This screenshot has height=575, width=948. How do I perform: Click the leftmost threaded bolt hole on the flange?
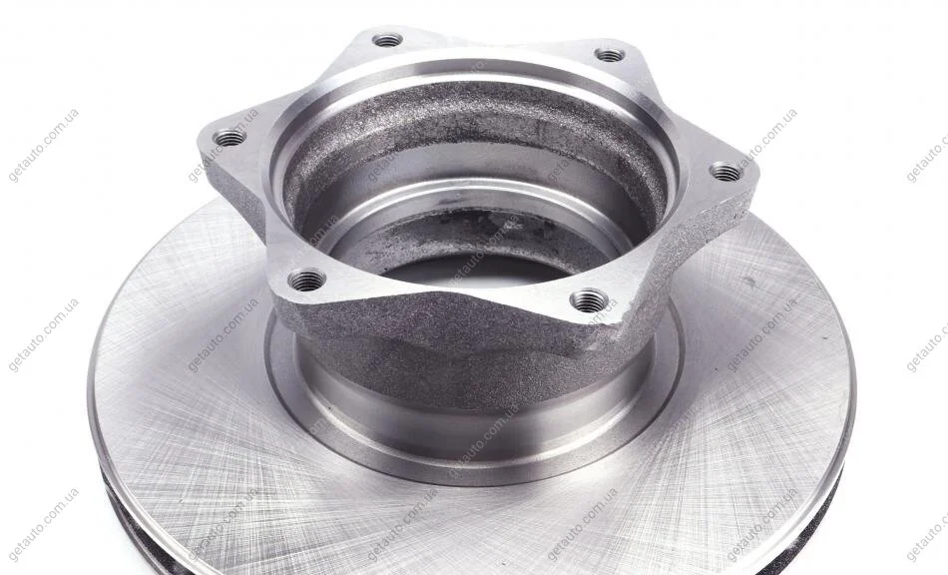click(x=231, y=138)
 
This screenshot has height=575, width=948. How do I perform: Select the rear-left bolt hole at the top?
click(x=387, y=41)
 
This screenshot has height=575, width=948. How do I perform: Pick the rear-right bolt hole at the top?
click(x=610, y=55)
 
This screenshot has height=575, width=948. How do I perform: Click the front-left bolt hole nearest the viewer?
click(x=306, y=280)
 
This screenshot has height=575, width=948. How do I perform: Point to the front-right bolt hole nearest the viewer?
click(x=589, y=299)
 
